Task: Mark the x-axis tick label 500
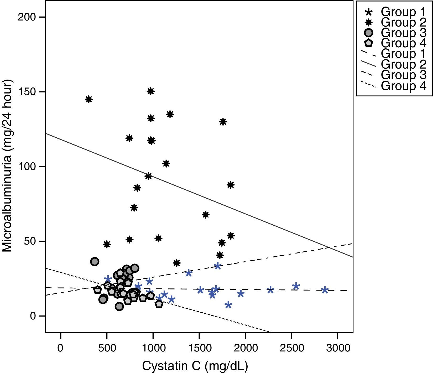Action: point(107,348)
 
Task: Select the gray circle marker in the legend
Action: point(369,33)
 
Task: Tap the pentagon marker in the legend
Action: point(369,43)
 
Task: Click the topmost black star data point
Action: point(150,91)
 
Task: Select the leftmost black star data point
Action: point(89,99)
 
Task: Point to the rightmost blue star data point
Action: point(325,290)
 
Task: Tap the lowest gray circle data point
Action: point(119,307)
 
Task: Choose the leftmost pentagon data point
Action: point(97,290)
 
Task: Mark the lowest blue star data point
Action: point(228,305)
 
